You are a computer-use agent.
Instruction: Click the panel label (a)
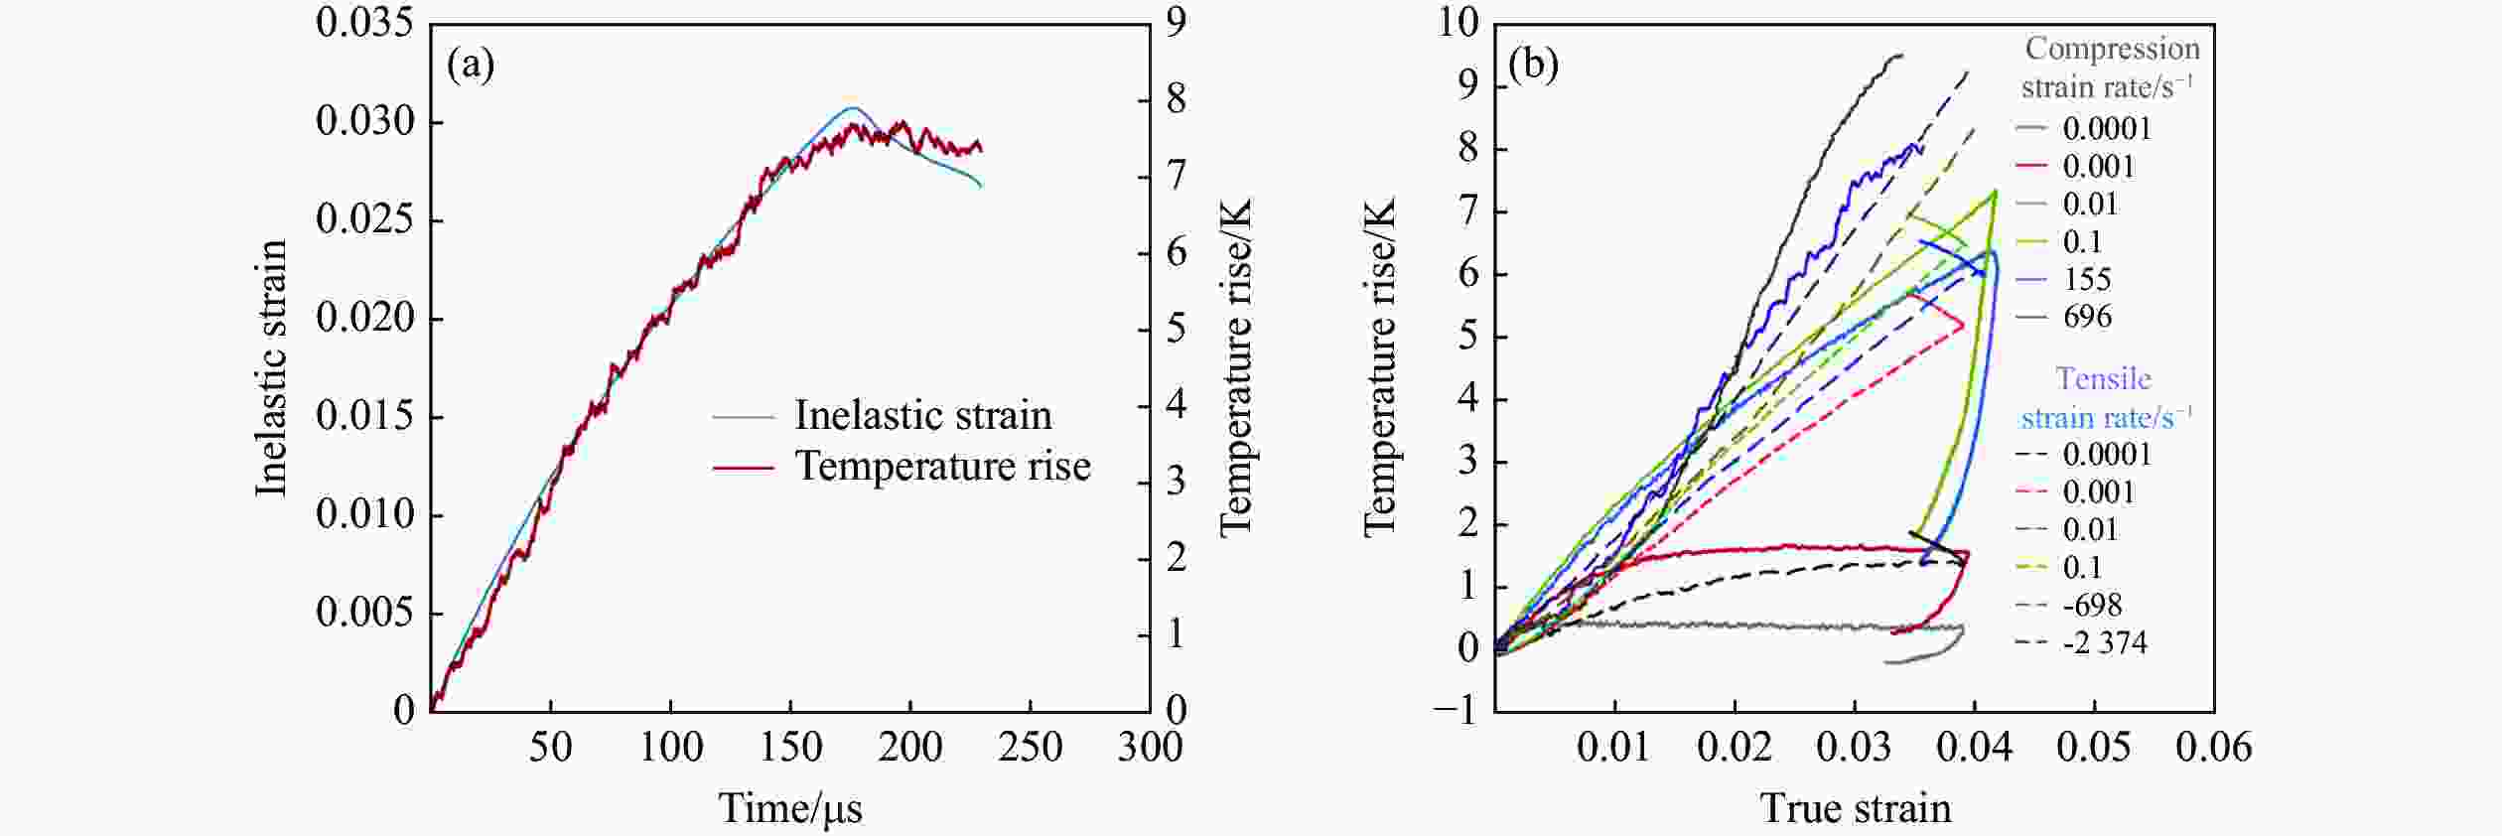point(471,66)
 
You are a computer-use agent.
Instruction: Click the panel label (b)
point(1533,66)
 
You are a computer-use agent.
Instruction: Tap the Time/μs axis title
point(790,808)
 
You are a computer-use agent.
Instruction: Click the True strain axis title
point(1856,808)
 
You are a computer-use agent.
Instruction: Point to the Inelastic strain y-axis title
point(271,367)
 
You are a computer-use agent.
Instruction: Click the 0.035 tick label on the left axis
point(364,23)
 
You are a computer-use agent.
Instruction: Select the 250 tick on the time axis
point(1030,747)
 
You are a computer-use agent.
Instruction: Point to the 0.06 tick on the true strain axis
point(2213,747)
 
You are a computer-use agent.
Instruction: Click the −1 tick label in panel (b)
point(1456,711)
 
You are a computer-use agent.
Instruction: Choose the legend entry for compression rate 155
point(2086,279)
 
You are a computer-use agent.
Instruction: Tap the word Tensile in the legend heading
point(2103,379)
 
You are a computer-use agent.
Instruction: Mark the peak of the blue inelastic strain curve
point(852,107)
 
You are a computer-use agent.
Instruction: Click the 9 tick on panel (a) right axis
point(1176,23)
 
